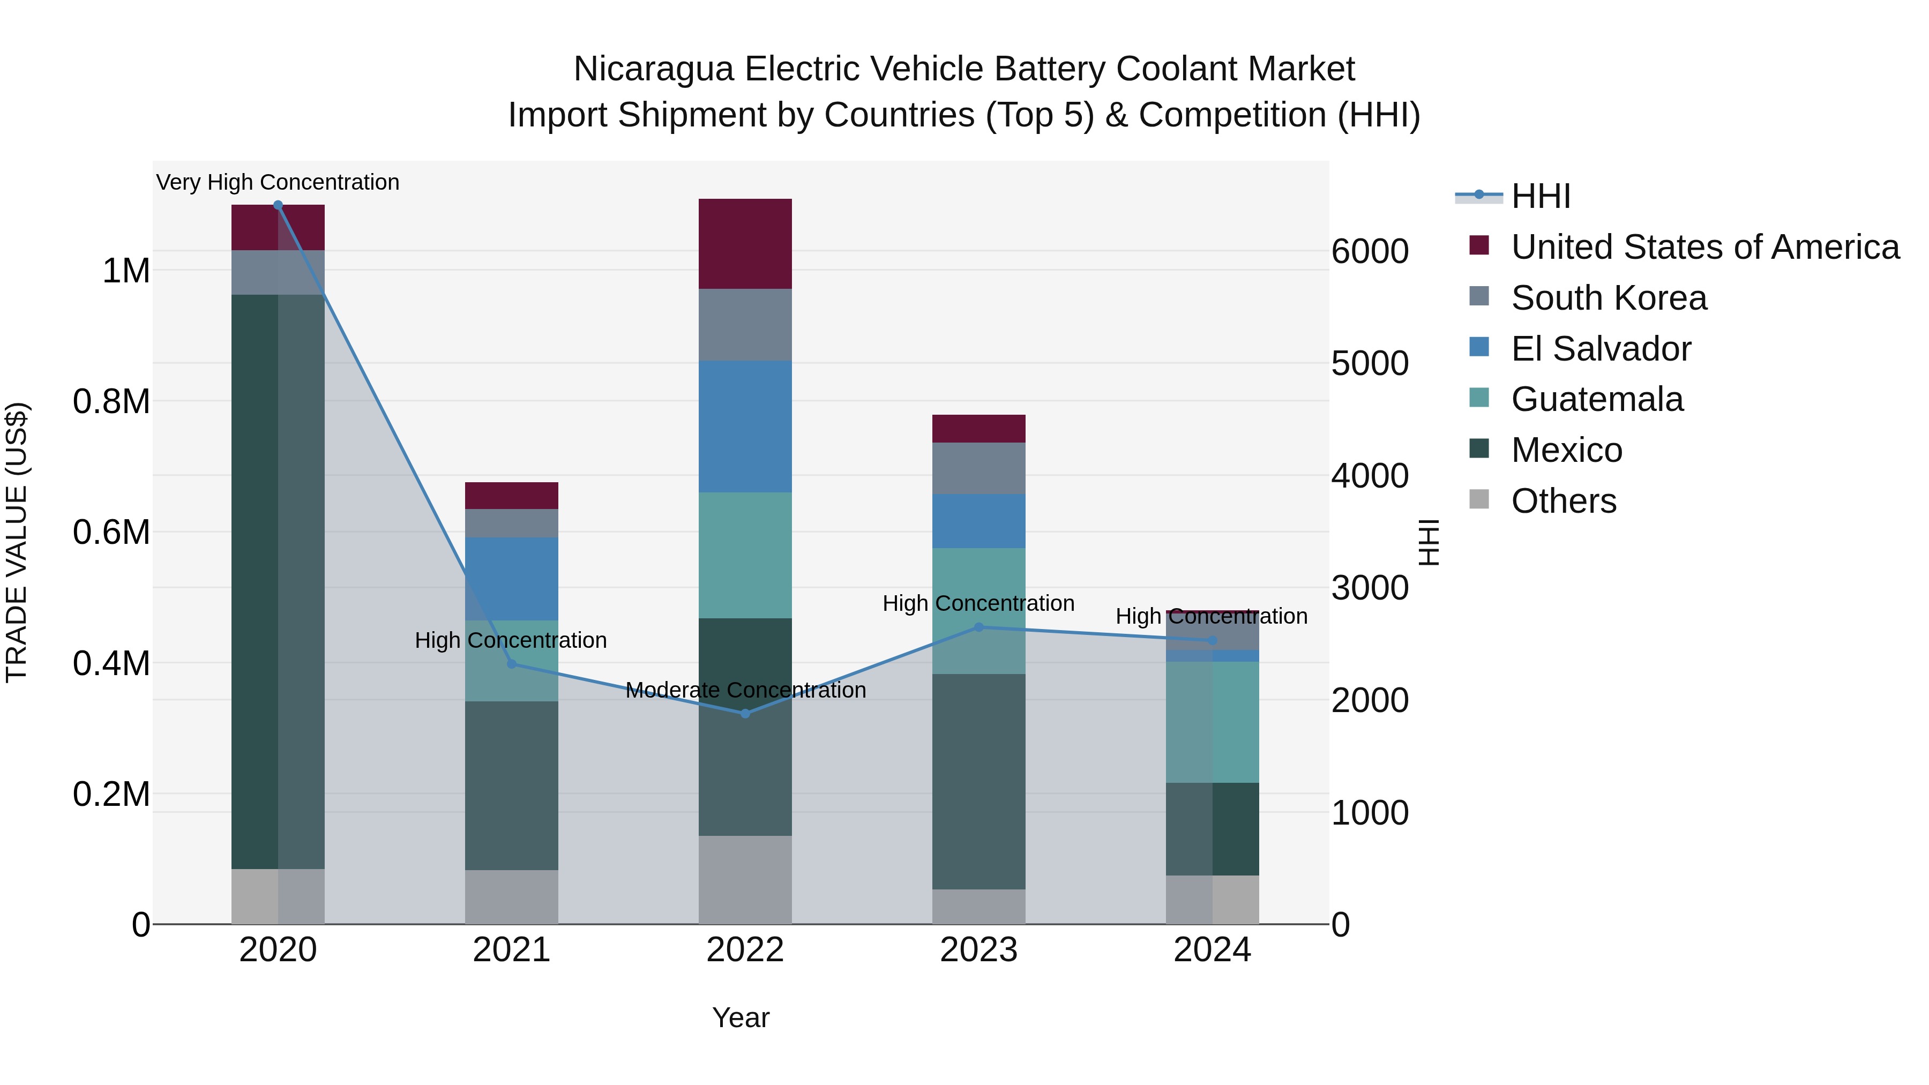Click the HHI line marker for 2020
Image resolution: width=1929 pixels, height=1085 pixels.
tap(278, 205)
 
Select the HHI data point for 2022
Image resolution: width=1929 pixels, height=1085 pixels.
tap(745, 714)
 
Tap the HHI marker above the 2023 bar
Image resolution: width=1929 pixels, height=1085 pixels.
tap(979, 627)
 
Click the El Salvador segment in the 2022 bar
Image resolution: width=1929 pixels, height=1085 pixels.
tap(745, 427)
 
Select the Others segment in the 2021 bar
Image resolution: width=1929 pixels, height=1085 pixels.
tap(512, 896)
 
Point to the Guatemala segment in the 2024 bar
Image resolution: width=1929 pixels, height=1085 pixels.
tap(1213, 723)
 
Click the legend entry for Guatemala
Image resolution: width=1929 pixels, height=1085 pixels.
tap(1597, 399)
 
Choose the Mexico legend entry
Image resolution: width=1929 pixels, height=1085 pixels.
tap(1567, 450)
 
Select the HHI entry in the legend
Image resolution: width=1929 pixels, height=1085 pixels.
tap(1541, 196)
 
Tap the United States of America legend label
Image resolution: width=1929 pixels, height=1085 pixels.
tap(1705, 247)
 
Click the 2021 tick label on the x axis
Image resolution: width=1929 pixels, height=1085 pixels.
tap(512, 950)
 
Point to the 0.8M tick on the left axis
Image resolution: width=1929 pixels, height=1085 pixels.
tap(111, 401)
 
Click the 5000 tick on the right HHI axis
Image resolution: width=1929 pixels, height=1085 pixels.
tap(1370, 363)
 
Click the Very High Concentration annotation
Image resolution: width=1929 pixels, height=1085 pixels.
tap(278, 182)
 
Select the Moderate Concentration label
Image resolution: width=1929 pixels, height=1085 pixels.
tap(745, 690)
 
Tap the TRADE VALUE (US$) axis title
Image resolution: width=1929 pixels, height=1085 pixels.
tap(17, 542)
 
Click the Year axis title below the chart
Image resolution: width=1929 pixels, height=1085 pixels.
tap(741, 1017)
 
